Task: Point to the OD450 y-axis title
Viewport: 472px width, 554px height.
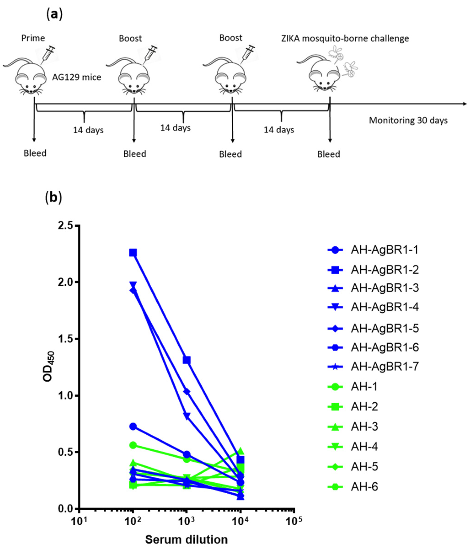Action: pyautogui.click(x=49, y=367)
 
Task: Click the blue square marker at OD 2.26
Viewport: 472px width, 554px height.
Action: pyautogui.click(x=133, y=253)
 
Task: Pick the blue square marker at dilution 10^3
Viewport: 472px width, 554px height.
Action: pyautogui.click(x=187, y=360)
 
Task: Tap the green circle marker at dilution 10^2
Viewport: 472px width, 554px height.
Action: pyautogui.click(x=133, y=445)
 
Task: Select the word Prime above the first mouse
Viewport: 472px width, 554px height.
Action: pyautogui.click(x=33, y=38)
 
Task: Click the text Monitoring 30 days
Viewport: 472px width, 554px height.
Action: pyautogui.click(x=408, y=120)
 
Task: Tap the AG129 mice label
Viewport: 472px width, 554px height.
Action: pyautogui.click(x=77, y=77)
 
